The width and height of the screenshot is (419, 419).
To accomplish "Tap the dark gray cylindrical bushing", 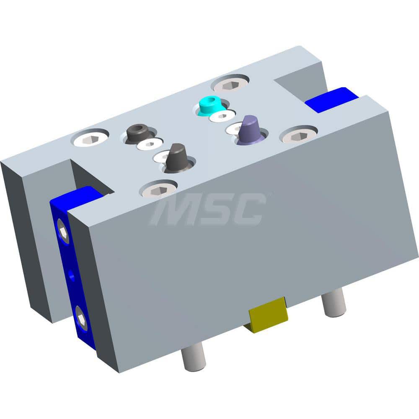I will pyautogui.click(x=138, y=133).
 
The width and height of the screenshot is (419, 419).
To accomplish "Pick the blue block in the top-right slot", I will pyautogui.click(x=331, y=100).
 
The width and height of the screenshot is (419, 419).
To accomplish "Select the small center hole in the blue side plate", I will pyautogui.click(x=71, y=275).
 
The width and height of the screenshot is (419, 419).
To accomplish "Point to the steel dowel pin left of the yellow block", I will pyautogui.click(x=193, y=357).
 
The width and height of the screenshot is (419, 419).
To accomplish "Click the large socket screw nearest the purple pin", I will pyautogui.click(x=298, y=134).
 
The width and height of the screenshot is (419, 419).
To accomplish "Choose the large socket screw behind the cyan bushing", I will pyautogui.click(x=231, y=84).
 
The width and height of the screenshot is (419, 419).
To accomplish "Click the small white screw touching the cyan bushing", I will pyautogui.click(x=222, y=116).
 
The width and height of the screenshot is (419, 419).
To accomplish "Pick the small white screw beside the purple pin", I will pyautogui.click(x=235, y=128).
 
